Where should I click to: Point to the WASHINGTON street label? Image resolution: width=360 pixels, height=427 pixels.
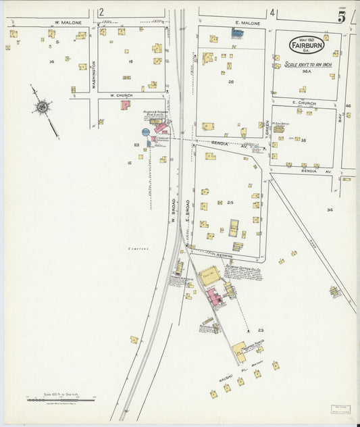pyautogui.click(x=94, y=75)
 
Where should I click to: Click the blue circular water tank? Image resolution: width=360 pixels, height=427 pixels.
pyautogui.click(x=146, y=132)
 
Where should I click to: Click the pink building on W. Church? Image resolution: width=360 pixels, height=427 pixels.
pyautogui.click(x=126, y=105)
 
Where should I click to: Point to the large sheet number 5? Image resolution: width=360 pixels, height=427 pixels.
pyautogui.click(x=342, y=17)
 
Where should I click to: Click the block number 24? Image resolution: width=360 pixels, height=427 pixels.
pyautogui.click(x=230, y=202)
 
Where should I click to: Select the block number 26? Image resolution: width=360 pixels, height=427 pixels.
pyautogui.click(x=230, y=82)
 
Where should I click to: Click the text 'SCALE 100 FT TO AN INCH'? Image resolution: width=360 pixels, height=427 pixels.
pyautogui.click(x=307, y=64)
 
